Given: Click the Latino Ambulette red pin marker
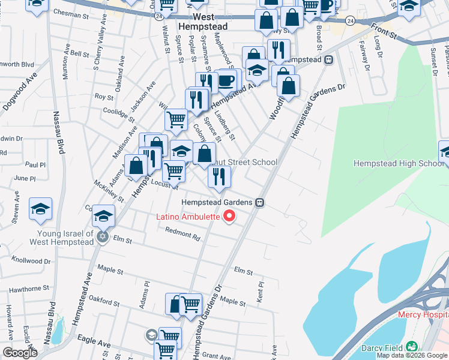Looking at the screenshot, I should click(x=229, y=217).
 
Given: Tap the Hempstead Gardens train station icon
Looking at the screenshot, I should click(x=260, y=202).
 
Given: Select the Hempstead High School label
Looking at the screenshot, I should click(x=398, y=163).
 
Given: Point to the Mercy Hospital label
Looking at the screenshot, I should click(x=423, y=314).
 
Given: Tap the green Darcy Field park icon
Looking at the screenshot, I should click(x=411, y=347).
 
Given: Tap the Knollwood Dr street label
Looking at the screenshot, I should click(x=31, y=261).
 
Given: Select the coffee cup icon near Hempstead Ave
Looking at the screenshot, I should click(x=226, y=80).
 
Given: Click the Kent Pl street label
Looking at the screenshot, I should click(x=260, y=292).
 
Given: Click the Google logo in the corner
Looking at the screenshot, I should click(x=20, y=353).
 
